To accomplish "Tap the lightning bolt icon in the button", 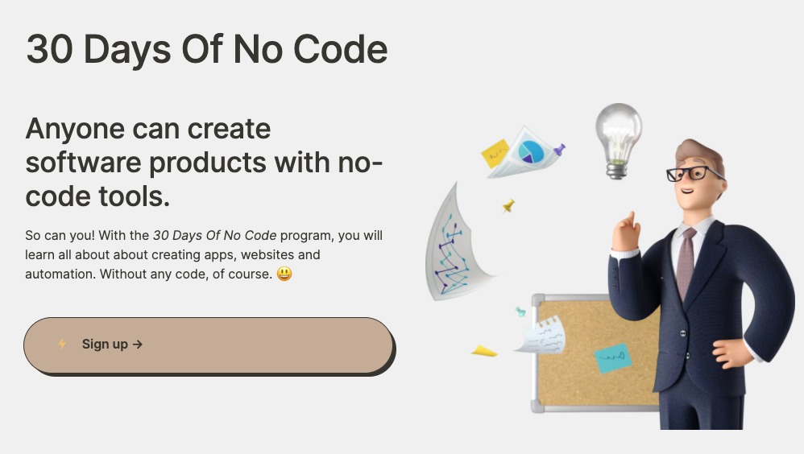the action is point(62,344).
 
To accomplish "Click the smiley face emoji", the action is point(284,274).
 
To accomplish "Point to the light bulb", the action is point(619,140).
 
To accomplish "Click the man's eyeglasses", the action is point(694,173).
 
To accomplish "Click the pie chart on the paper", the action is point(530,151).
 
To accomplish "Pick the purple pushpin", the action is point(559,151).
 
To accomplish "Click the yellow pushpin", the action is point(508,206).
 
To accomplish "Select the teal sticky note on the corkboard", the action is point(613,357).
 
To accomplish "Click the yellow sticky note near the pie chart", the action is point(495,153).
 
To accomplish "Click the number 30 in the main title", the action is point(49,49).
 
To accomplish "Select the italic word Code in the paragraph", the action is point(260,235).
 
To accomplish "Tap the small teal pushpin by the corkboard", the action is point(520,311).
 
